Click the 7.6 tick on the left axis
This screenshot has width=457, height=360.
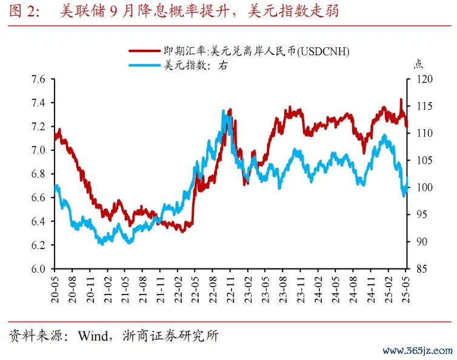pyautogui.click(x=38, y=79)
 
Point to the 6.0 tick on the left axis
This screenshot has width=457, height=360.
pyautogui.click(x=38, y=268)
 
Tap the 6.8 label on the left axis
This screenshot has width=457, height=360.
pyautogui.click(x=38, y=174)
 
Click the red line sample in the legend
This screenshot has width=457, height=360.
pyautogui.click(x=144, y=52)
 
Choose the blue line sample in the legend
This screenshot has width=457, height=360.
pyautogui.click(x=144, y=66)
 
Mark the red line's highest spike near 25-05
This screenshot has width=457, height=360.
pyautogui.click(x=401, y=99)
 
